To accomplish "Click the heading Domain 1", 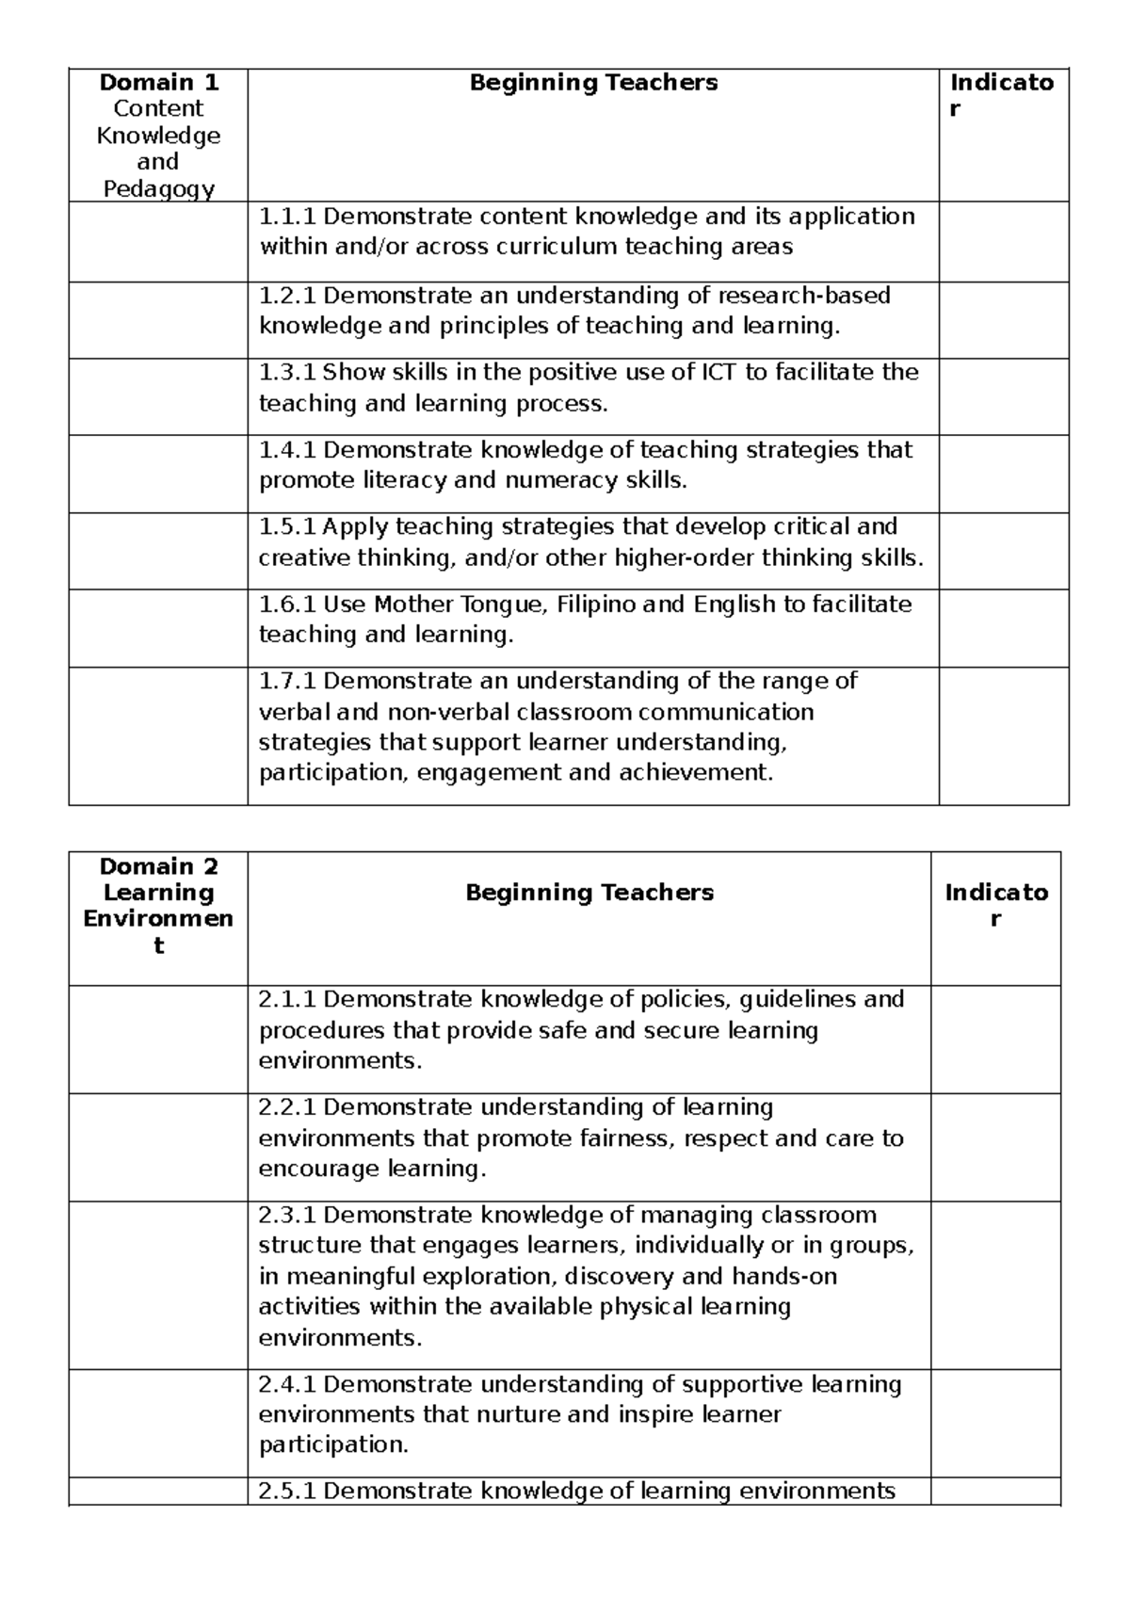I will click(x=158, y=83).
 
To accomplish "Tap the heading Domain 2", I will click(x=158, y=866).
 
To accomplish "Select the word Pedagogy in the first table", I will click(x=158, y=189).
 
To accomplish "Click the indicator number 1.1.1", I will click(x=287, y=218).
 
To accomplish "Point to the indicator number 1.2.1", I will click(x=287, y=296).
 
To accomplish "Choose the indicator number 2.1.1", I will click(x=287, y=999).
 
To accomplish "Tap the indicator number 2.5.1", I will click(x=287, y=1492).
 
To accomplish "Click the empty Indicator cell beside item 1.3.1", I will click(x=1004, y=396).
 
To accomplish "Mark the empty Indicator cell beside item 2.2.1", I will click(x=995, y=1147).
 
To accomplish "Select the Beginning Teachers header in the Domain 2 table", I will click(x=589, y=893).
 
